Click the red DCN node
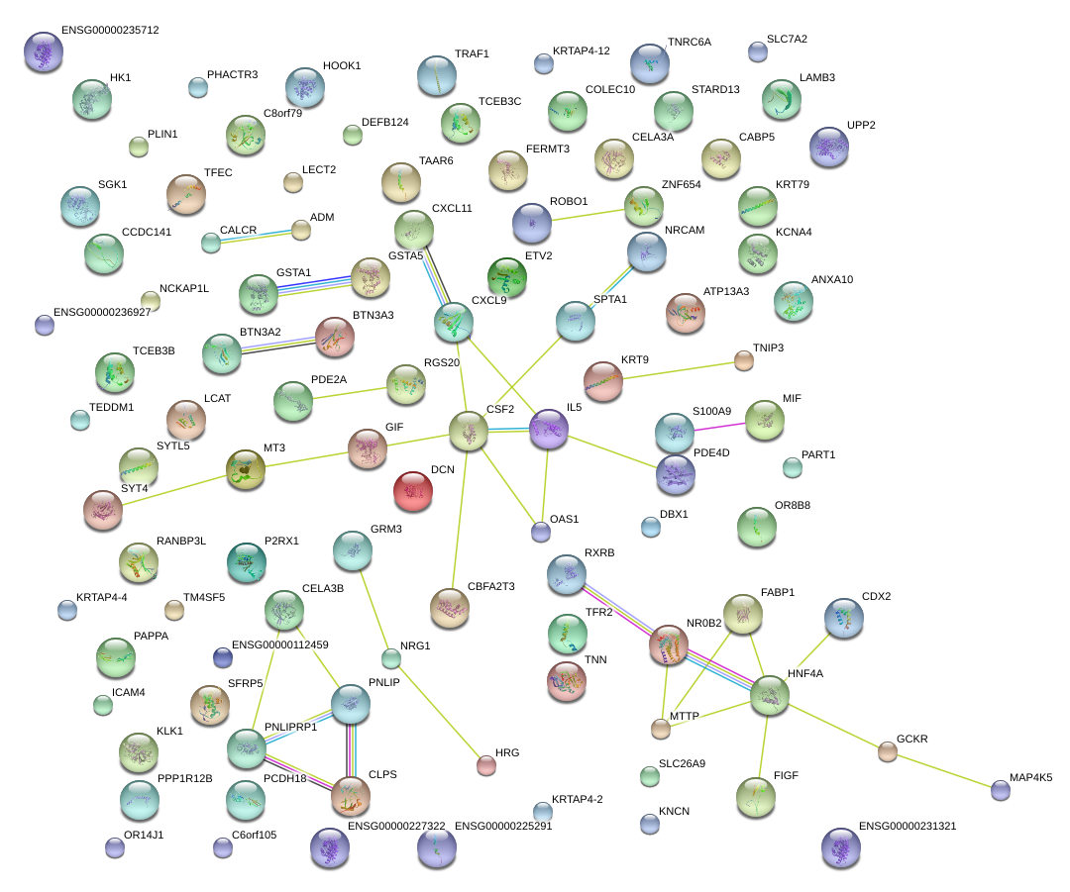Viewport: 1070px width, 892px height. pyautogui.click(x=413, y=491)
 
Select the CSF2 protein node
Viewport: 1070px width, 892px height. pyautogui.click(x=468, y=431)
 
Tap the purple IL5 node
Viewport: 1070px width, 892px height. pyautogui.click(x=548, y=428)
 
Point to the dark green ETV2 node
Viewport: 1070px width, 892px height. pyautogui.click(x=507, y=276)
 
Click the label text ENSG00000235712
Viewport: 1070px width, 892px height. pyautogui.click(x=110, y=30)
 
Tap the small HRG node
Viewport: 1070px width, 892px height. pyautogui.click(x=485, y=764)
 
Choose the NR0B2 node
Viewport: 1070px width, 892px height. pyautogui.click(x=668, y=644)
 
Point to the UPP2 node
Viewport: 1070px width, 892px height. pyautogui.click(x=828, y=147)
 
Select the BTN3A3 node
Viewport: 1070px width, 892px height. pyautogui.click(x=334, y=337)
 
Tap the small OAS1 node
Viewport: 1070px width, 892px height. pyautogui.click(x=540, y=533)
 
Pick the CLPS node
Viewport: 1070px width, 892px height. pyautogui.click(x=350, y=795)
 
